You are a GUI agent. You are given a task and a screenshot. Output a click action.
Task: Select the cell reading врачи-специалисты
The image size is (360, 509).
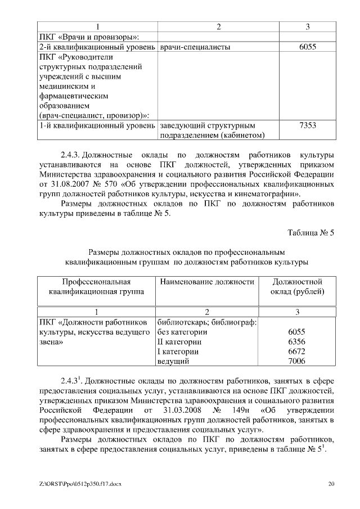point(195,47)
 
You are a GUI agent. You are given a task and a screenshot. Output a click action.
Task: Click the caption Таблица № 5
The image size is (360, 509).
point(310,232)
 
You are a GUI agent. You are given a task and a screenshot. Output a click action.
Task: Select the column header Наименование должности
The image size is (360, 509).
point(207,281)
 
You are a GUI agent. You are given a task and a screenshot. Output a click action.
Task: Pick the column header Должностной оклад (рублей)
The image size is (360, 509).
point(296,286)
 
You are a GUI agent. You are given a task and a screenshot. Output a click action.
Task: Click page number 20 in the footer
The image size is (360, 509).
point(331,484)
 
